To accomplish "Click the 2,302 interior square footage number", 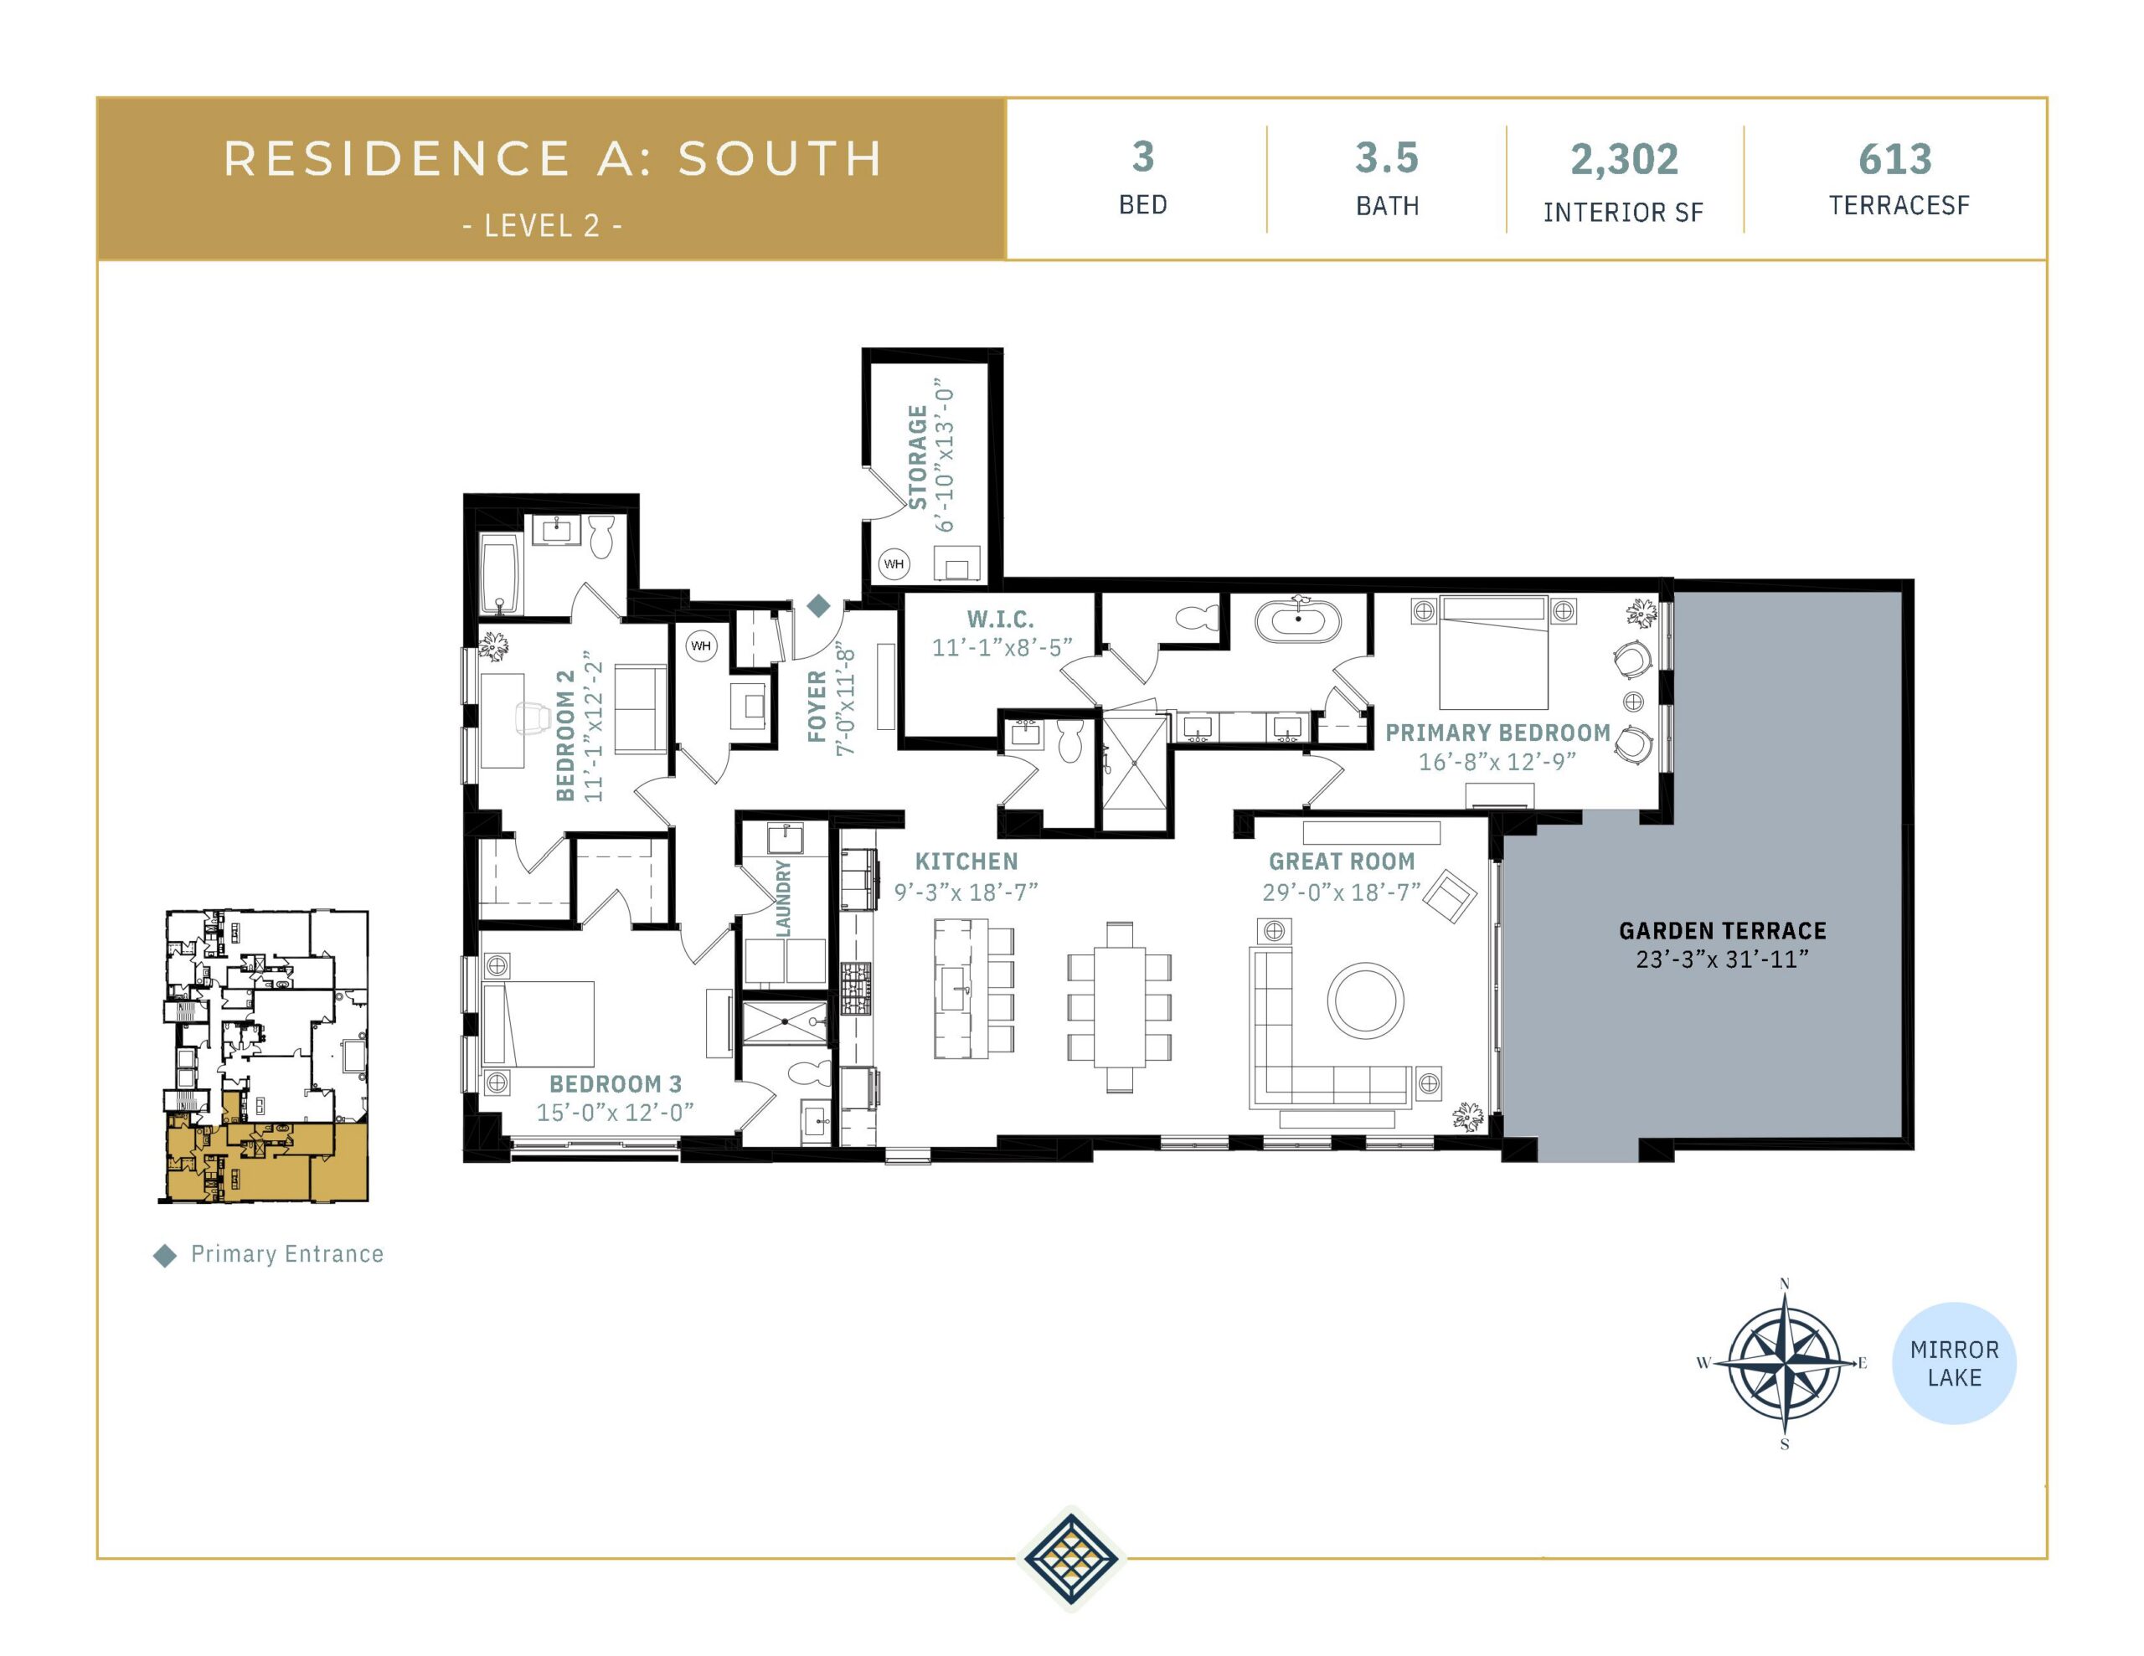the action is pyautogui.click(x=1624, y=159).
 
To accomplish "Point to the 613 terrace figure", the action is pyautogui.click(x=1894, y=159).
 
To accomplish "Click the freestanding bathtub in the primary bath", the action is pyautogui.click(x=1298, y=620).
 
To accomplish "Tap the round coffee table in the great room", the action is pyautogui.click(x=1364, y=1000).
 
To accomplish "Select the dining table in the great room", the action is pyautogui.click(x=1119, y=1006).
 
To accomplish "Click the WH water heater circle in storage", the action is pyautogui.click(x=894, y=563).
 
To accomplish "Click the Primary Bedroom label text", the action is pyautogui.click(x=1497, y=733).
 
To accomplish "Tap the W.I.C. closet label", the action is pyautogui.click(x=1000, y=620).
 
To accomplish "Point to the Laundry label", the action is pyautogui.click(x=782, y=898).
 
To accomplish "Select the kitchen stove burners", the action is pyautogui.click(x=855, y=988).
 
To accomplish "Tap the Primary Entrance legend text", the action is pyautogui.click(x=286, y=1253).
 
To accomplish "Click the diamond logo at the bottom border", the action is pyautogui.click(x=1070, y=1557).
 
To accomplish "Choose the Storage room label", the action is pyautogui.click(x=917, y=457).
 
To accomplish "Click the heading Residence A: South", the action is pyautogui.click(x=553, y=159).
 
